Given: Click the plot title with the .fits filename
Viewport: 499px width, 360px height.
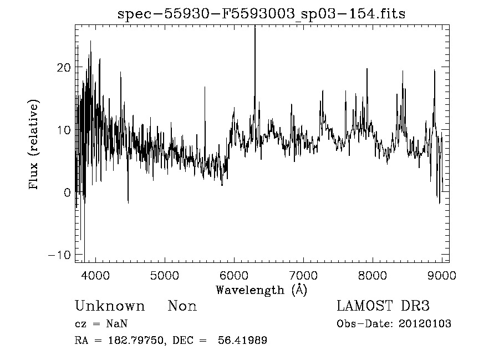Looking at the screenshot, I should pos(261,14).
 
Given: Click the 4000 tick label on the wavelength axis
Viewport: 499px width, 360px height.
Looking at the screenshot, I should pos(95,275).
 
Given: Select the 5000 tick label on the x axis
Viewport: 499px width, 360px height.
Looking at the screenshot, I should pos(165,275).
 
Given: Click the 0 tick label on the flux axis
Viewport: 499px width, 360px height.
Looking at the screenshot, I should pos(68,193).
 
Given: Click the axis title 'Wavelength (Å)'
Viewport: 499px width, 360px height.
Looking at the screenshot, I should pos(261,290).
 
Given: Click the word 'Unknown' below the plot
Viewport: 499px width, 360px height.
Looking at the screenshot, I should pos(109,306).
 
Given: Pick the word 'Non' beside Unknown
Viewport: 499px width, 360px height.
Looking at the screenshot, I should pos(182,306).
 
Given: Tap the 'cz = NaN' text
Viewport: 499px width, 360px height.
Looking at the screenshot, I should pos(103,324).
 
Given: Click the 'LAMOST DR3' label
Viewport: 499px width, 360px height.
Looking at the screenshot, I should pos(383,306).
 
